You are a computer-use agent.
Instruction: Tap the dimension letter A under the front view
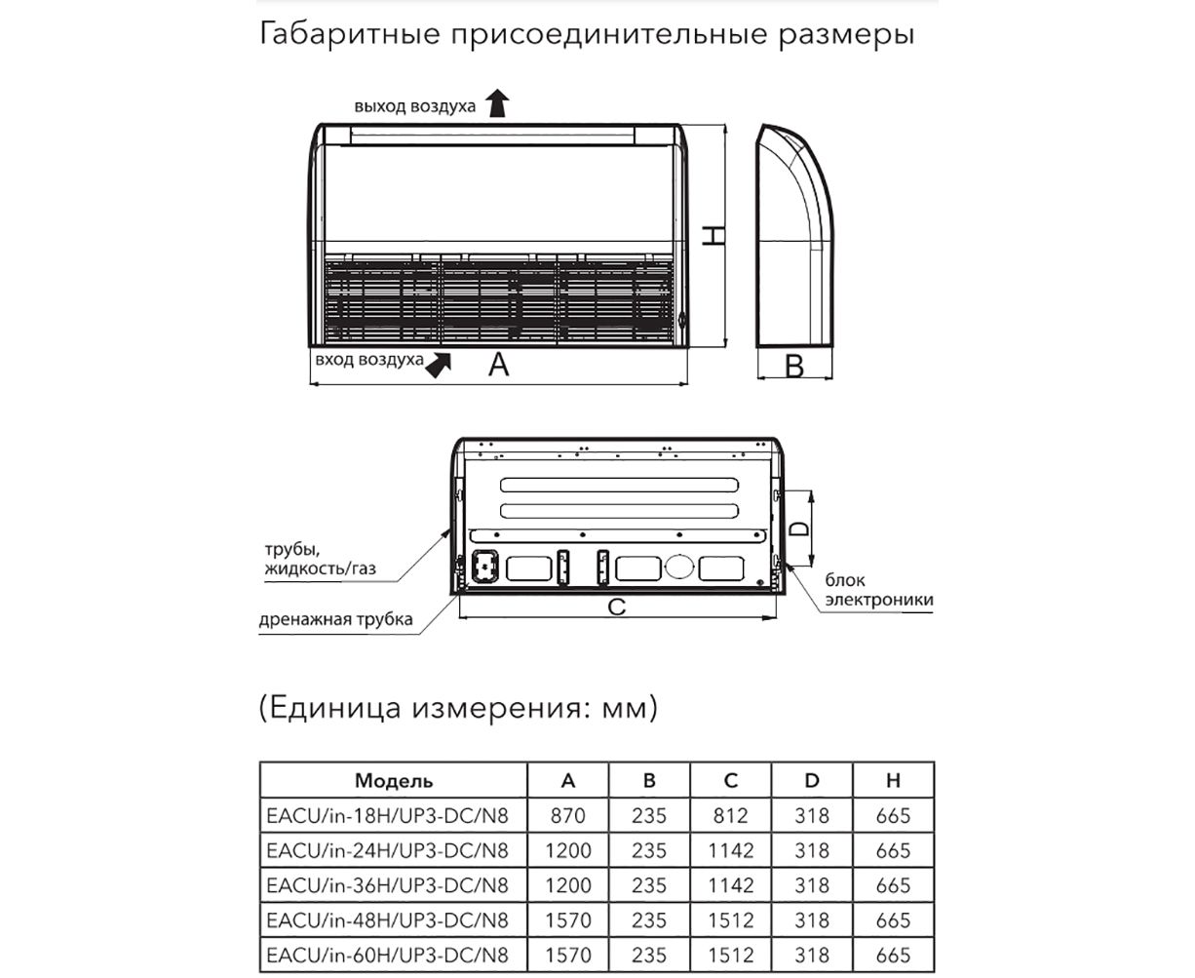(498, 365)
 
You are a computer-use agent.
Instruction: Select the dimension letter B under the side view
(794, 366)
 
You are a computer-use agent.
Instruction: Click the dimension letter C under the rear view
(616, 606)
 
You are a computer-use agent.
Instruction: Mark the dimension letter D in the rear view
(798, 528)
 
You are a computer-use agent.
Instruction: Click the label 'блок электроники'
(878, 591)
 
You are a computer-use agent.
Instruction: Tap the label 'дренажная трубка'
(335, 619)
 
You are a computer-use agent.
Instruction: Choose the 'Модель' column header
(394, 781)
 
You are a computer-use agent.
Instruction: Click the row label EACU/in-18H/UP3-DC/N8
(387, 816)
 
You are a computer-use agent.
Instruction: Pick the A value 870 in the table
(568, 816)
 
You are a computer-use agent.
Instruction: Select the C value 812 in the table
(731, 816)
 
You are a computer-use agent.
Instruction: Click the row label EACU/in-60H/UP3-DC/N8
(387, 955)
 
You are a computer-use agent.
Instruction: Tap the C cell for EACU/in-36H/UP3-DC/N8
(731, 885)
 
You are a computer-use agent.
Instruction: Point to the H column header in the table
(893, 781)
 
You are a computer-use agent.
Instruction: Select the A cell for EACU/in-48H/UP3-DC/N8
(568, 920)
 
